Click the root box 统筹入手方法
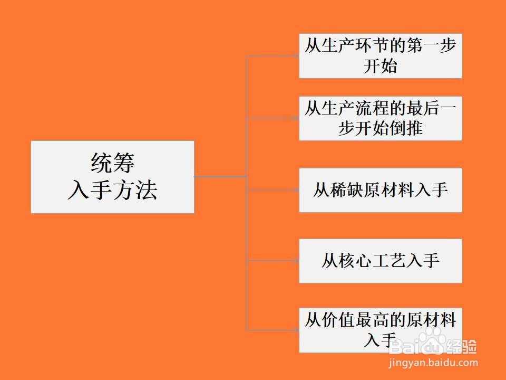click(x=112, y=177)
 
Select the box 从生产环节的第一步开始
click(x=380, y=56)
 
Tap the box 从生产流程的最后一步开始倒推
click(x=380, y=118)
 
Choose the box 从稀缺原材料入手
click(x=380, y=190)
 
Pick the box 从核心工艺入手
click(x=380, y=261)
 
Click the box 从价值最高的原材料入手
click(x=380, y=330)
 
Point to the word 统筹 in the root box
click(x=112, y=163)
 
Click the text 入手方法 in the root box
click(x=112, y=191)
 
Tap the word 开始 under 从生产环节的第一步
click(x=380, y=67)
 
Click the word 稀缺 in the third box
click(x=347, y=190)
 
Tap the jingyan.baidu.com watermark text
click(x=432, y=363)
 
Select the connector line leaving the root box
click(x=220, y=177)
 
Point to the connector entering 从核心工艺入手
click(x=273, y=261)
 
